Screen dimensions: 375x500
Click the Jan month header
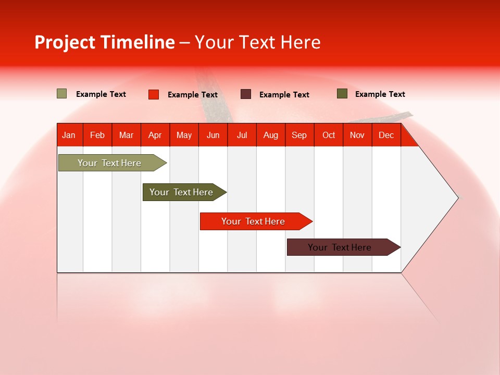tap(69, 135)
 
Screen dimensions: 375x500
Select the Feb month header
tap(97, 135)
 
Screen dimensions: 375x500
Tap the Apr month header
tap(155, 135)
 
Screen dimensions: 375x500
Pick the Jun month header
tap(213, 135)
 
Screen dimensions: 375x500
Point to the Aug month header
tap(270, 135)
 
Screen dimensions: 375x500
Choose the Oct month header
tap(329, 135)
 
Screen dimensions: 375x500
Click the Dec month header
tap(386, 135)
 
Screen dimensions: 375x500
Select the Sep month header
tap(299, 135)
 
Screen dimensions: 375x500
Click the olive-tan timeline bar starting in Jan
tap(109, 163)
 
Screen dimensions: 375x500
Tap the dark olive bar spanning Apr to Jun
tap(181, 192)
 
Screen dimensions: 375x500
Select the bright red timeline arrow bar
tap(253, 221)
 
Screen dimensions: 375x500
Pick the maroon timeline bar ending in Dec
tap(340, 247)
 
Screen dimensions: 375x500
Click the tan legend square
tap(61, 94)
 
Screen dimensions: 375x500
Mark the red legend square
tap(154, 94)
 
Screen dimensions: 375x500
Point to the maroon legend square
tap(246, 94)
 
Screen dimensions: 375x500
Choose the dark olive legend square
tap(342, 94)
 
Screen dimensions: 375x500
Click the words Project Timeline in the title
tap(104, 42)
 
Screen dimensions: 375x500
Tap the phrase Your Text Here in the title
tap(258, 42)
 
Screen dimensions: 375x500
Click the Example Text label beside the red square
tap(192, 95)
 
